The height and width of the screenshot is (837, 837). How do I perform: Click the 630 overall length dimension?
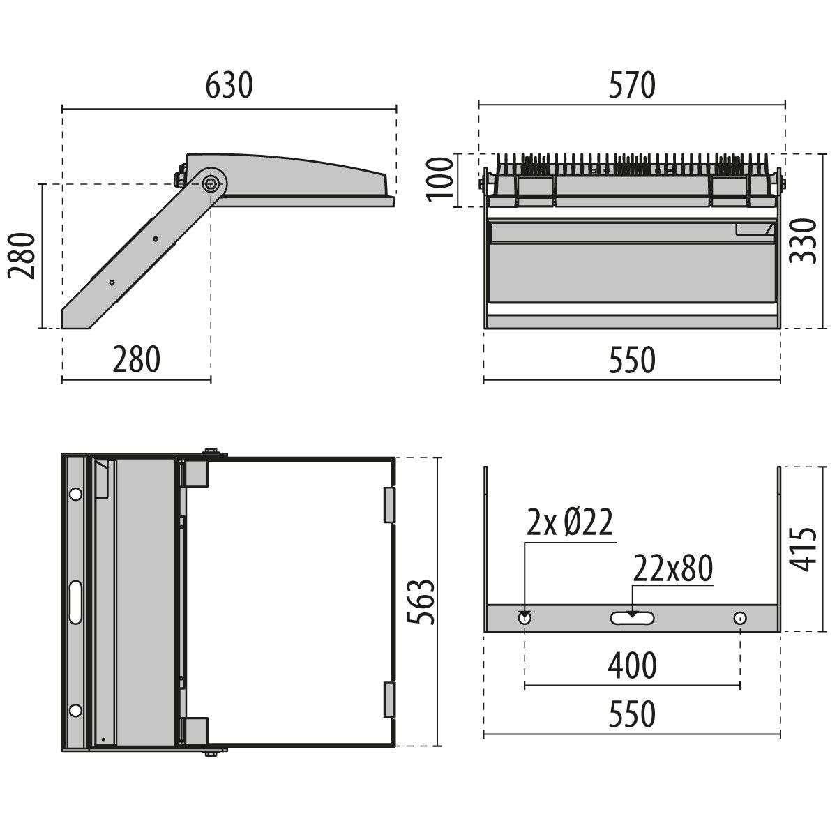pyautogui.click(x=229, y=86)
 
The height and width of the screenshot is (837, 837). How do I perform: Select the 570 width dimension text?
pyautogui.click(x=632, y=86)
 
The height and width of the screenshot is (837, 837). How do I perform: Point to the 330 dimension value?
pyautogui.click(x=803, y=241)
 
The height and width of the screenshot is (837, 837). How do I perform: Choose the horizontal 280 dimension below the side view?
pyautogui.click(x=137, y=359)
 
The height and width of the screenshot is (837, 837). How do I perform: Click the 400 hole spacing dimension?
pyautogui.click(x=632, y=666)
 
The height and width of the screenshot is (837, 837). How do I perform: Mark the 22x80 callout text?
pyautogui.click(x=673, y=570)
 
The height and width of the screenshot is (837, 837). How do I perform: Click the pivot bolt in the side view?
pyautogui.click(x=211, y=183)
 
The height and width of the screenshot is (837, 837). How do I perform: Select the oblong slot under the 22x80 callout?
pyautogui.click(x=632, y=618)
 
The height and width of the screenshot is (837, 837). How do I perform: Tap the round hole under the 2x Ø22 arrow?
pyautogui.click(x=525, y=618)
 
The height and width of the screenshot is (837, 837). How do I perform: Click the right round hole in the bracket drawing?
pyautogui.click(x=739, y=618)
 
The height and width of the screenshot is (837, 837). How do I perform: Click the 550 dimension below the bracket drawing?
pyautogui.click(x=632, y=715)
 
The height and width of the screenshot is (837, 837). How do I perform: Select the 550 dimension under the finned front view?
pyautogui.click(x=632, y=361)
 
